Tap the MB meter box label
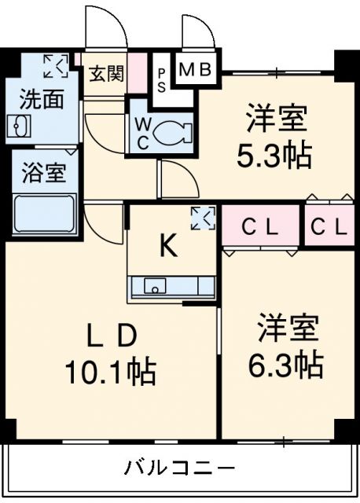[x=195, y=70]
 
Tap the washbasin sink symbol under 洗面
[x=19, y=126]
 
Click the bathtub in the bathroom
[x=44, y=214]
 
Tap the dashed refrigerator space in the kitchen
[x=203, y=218]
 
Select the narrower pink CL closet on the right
[x=329, y=228]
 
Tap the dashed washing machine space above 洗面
[x=55, y=65]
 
